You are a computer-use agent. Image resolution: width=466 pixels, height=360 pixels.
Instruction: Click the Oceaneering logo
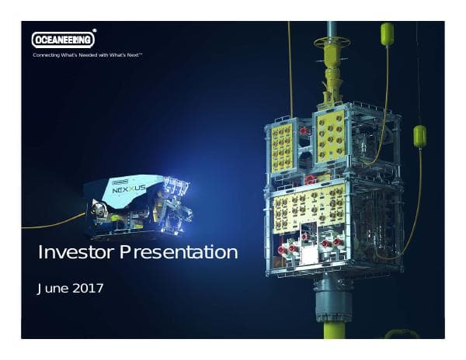(x=63, y=40)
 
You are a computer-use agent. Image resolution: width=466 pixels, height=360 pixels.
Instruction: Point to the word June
(x=51, y=289)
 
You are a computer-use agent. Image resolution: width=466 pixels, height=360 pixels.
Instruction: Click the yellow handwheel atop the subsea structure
(x=332, y=41)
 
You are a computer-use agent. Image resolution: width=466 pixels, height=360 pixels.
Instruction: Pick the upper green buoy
(x=387, y=34)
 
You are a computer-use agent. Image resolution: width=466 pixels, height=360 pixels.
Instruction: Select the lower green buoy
(x=419, y=137)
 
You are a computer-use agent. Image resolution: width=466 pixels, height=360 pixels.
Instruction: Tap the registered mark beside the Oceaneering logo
(x=95, y=33)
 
